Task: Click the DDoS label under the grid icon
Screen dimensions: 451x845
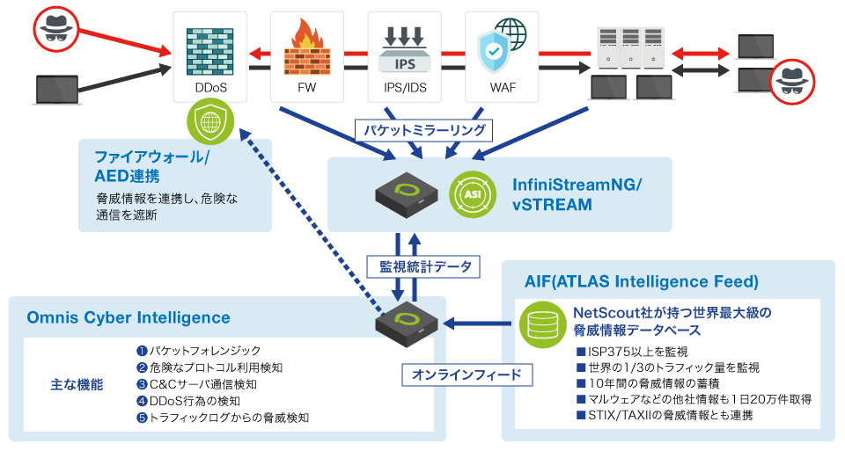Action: (x=208, y=88)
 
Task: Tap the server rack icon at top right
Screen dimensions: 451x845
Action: (x=630, y=47)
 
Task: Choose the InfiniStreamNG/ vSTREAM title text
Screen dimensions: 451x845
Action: (x=577, y=194)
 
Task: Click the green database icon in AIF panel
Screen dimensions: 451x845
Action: (x=537, y=324)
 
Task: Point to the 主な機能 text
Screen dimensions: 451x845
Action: (x=77, y=384)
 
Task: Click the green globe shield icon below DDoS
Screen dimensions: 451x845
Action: (x=211, y=123)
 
